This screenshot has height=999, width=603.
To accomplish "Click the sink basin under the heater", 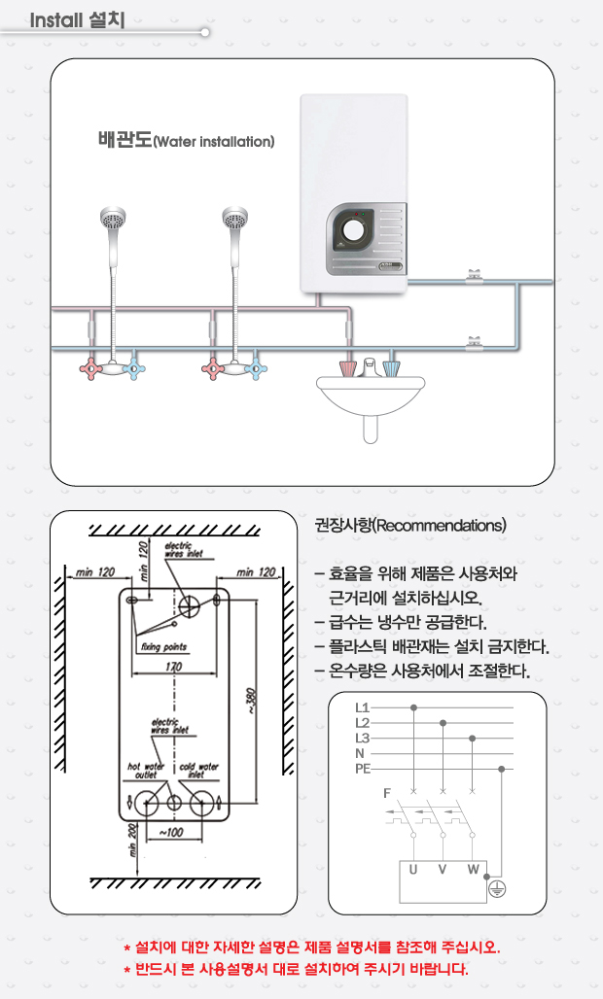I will [x=371, y=395].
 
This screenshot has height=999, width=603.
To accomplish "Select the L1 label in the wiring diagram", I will [x=362, y=707].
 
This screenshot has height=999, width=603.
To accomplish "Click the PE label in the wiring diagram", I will [x=363, y=769].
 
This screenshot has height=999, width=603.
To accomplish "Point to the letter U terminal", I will [x=414, y=868].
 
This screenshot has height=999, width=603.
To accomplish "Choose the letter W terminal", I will [x=473, y=868].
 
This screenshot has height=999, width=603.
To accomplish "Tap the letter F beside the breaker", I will [x=388, y=793].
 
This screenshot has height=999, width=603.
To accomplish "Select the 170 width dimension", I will [x=173, y=667].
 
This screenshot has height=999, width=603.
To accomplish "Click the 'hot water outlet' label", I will [x=146, y=771].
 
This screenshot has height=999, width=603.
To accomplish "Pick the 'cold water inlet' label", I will [x=199, y=771].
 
